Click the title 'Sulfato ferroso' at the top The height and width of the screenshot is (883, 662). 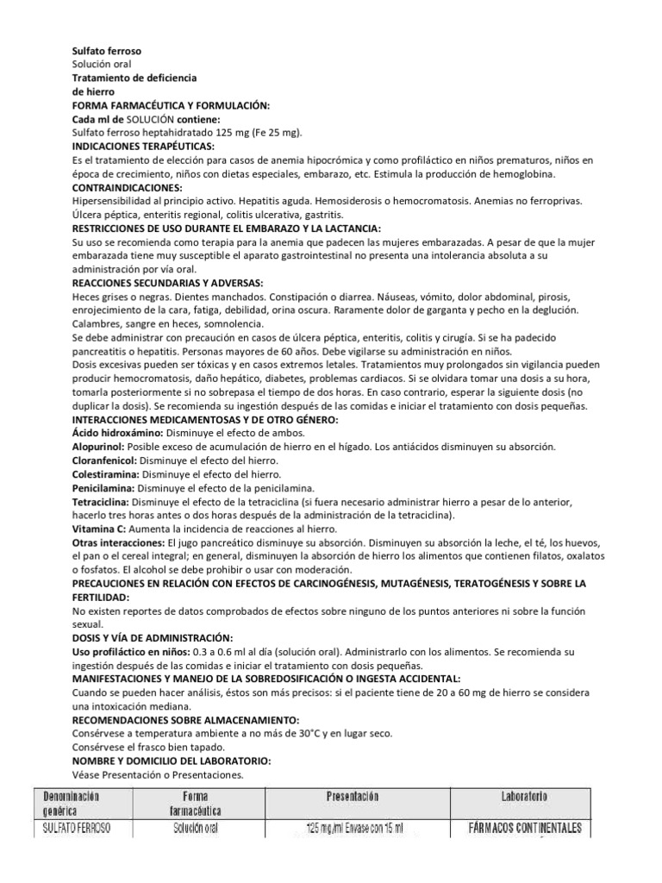coord(107,51)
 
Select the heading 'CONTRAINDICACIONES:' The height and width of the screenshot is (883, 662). coord(128,186)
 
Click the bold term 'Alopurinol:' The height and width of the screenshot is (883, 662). coord(99,446)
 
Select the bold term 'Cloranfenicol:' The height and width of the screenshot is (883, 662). coord(105,460)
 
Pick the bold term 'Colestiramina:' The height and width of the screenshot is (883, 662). coord(106,473)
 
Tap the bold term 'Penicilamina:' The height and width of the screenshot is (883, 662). coord(103,487)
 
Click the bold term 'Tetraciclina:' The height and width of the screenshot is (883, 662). coord(102,501)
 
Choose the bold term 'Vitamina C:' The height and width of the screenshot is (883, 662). coord(99,528)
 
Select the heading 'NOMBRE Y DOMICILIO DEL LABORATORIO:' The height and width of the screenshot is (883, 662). coord(172,761)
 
